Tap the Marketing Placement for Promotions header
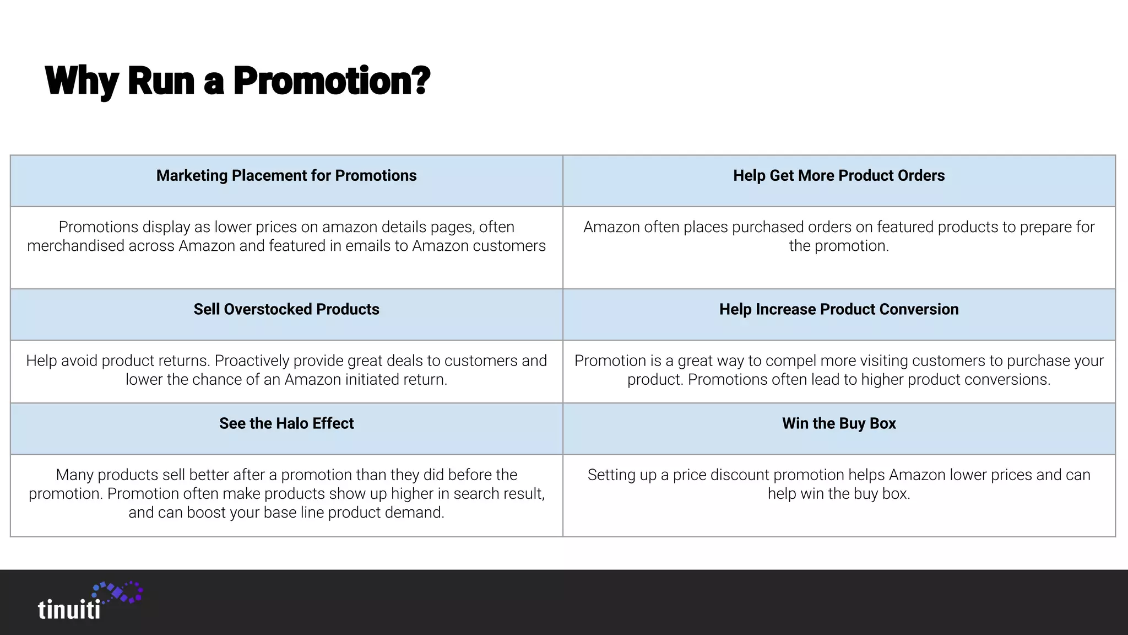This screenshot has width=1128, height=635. click(x=286, y=175)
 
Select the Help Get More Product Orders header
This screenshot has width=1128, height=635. click(x=838, y=175)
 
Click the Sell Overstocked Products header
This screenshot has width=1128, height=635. click(x=286, y=309)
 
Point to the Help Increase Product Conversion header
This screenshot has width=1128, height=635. click(x=838, y=309)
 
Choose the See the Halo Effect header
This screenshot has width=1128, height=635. click(x=286, y=423)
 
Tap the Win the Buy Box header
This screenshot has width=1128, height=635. click(x=838, y=423)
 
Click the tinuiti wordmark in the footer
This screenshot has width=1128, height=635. click(x=69, y=610)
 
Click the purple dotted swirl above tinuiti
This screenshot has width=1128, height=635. click(x=118, y=591)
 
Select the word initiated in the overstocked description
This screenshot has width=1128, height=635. click(x=376, y=379)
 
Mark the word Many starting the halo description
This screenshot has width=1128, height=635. click(x=75, y=475)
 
